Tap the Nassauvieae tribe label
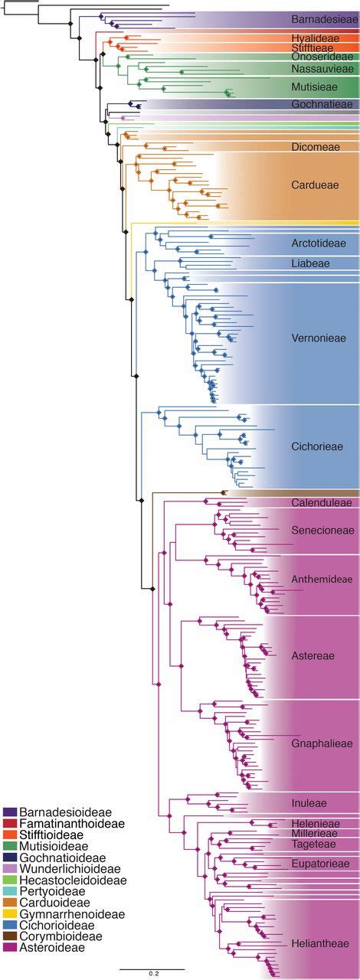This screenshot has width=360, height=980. tap(322, 68)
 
